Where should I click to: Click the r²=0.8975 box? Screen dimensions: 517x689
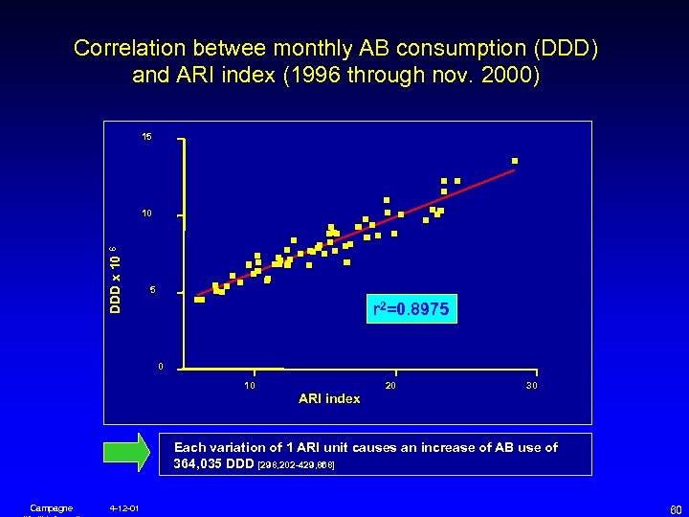(x=413, y=309)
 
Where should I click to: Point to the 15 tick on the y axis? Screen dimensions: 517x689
(x=146, y=138)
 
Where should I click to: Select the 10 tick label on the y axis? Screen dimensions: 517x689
(x=146, y=213)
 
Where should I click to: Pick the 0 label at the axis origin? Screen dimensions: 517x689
(x=161, y=367)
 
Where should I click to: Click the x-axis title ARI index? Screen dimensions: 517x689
(x=329, y=398)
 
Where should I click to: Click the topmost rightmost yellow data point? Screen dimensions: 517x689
(x=515, y=160)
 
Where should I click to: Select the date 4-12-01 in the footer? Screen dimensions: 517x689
(x=124, y=507)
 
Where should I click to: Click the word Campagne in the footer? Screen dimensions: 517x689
(x=45, y=507)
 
